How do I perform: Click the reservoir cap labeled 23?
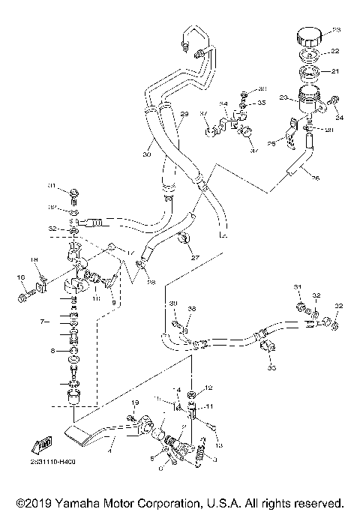coord(308,36)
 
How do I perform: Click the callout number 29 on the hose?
coord(182,114)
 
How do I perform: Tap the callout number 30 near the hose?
coord(147,154)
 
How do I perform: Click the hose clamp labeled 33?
coord(269,349)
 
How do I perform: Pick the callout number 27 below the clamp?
coord(195,257)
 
